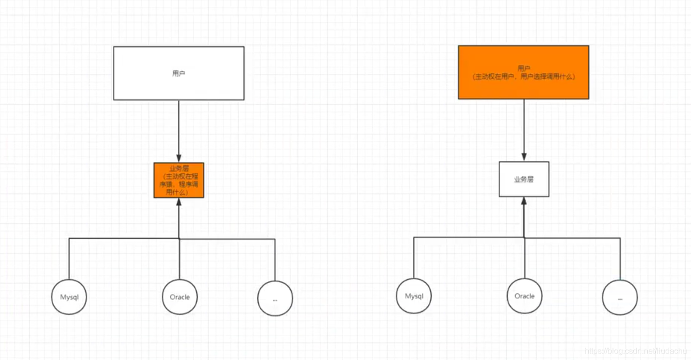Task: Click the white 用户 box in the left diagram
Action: tap(179, 73)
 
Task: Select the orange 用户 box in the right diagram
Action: tap(524, 72)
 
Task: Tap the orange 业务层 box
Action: tap(179, 180)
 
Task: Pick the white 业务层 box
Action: tap(524, 179)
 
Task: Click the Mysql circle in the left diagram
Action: tap(69, 297)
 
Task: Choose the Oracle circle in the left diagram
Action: tap(180, 297)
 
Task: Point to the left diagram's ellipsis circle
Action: tap(275, 298)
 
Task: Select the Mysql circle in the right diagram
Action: tap(414, 296)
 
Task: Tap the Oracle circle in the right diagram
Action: tap(525, 296)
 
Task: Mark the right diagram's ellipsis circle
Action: tap(620, 298)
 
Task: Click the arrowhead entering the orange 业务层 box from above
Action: tap(179, 158)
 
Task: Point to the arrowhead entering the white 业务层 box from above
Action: tap(524, 157)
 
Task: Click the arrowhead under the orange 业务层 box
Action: tap(179, 202)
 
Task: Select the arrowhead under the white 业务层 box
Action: tap(524, 201)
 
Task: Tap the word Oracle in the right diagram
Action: tap(525, 296)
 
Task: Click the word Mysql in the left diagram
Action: tap(69, 297)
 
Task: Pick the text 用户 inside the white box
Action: tap(179, 73)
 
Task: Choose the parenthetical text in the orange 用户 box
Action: tap(524, 76)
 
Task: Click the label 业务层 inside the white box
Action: tap(524, 179)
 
